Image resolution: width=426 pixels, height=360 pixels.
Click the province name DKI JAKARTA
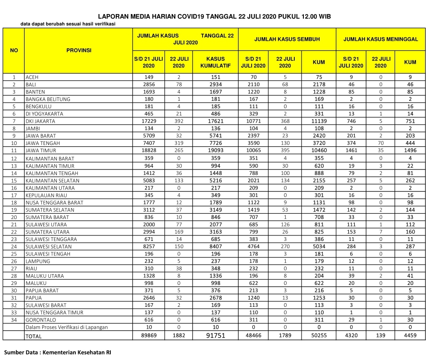coord(40,121)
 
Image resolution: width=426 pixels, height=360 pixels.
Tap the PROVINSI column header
coord(79,50)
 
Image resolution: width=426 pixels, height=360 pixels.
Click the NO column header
coord(14,50)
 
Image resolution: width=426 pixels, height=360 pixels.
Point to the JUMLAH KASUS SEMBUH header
coord(287,40)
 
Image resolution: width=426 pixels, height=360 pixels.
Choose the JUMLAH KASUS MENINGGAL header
coord(380,40)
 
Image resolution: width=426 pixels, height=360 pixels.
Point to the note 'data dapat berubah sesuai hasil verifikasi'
coord(68,24)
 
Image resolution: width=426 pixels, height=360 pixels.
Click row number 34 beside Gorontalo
coord(14,320)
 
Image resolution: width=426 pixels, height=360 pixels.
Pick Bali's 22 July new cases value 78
coord(179,85)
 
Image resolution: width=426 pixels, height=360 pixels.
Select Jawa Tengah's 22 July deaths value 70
coord(381,143)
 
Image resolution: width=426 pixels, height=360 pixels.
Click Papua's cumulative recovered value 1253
coord(319,298)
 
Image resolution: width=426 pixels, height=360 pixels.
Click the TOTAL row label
coord(34,336)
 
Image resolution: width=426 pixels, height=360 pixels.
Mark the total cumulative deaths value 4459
coord(410,336)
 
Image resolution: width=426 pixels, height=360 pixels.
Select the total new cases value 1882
coord(179,336)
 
